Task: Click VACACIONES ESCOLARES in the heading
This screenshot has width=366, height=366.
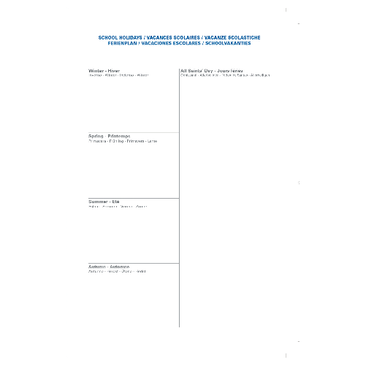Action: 174,43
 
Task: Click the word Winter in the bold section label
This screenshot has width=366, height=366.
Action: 96,70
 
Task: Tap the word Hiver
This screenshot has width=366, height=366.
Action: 113,70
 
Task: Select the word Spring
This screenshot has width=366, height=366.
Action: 96,136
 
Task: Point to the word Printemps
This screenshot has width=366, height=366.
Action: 118,136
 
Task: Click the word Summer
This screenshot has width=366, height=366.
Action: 98,201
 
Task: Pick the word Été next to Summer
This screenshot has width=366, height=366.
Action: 115,201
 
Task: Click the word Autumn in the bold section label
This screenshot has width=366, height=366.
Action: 97,267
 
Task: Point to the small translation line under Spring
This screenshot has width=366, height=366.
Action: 122,141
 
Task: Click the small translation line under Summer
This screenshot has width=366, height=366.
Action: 118,207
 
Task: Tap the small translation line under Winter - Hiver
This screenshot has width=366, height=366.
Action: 118,75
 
